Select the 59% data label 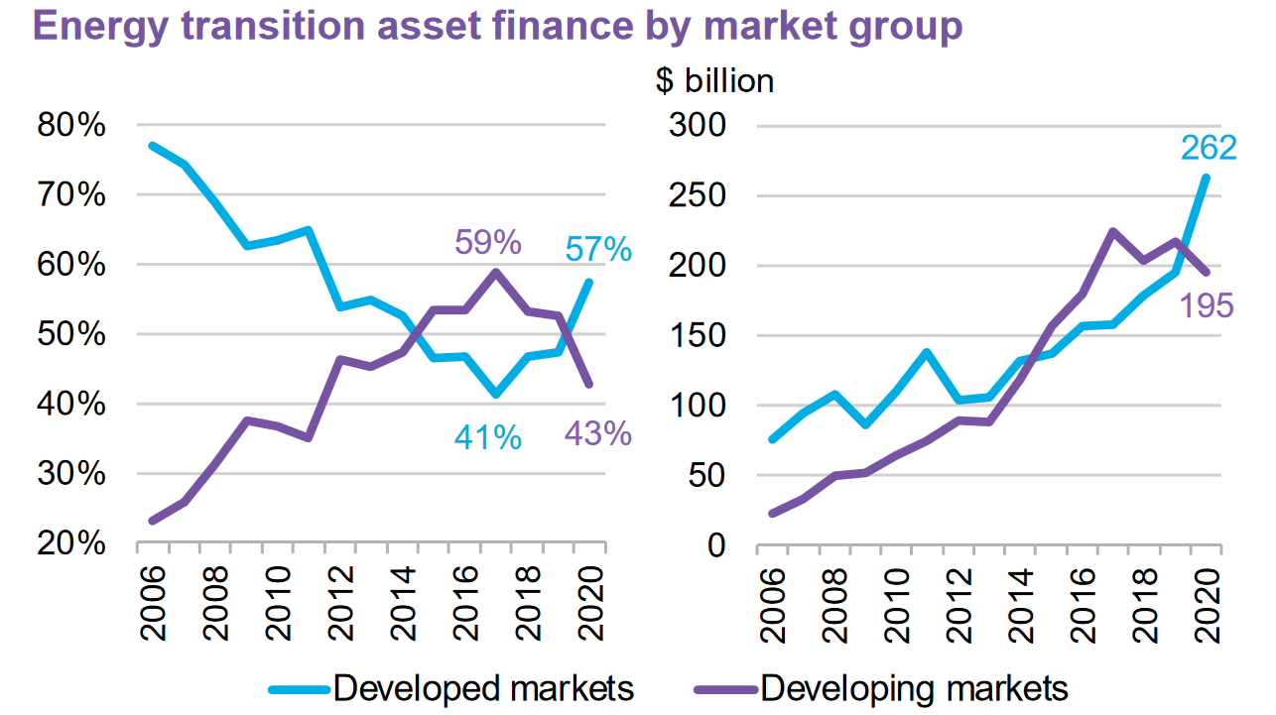(488, 242)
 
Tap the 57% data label (598, 250)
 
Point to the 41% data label (488, 437)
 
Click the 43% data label (598, 433)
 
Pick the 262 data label (1209, 148)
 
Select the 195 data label (1207, 304)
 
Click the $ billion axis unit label (714, 80)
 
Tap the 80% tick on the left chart (69, 126)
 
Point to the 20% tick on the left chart (69, 544)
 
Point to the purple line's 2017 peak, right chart (1113, 231)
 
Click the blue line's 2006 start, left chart (152, 146)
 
